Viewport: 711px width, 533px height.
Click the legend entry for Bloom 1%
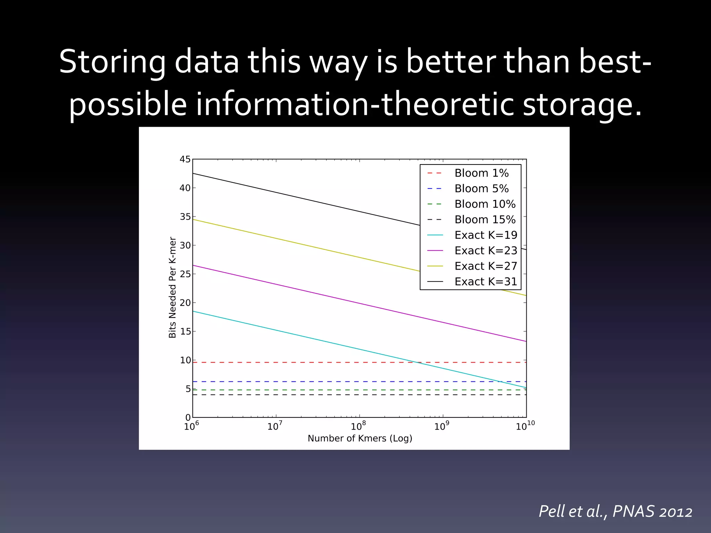[481, 173]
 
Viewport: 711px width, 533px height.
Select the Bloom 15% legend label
[485, 219]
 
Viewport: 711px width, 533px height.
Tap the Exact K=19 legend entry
[485, 235]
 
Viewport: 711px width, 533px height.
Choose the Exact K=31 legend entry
[485, 281]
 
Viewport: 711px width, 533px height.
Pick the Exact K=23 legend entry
[485, 251]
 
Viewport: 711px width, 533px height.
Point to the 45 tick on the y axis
[185, 159]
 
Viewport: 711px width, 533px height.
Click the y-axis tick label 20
[185, 303]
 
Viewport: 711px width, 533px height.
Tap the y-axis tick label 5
[188, 389]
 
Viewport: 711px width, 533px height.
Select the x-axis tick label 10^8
[358, 426]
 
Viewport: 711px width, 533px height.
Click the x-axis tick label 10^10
[525, 426]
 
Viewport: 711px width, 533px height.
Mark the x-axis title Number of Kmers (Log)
[360, 438]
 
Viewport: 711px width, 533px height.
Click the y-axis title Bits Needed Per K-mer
[173, 287]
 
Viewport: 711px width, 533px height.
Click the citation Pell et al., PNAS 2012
[615, 511]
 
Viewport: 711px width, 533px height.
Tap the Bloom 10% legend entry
[485, 204]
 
